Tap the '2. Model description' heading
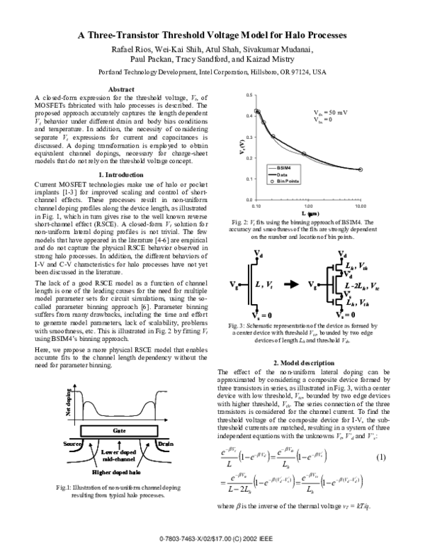coord(305,364)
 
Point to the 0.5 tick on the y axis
coord(249,95)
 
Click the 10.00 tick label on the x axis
coord(360,206)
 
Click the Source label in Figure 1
coord(68,442)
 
